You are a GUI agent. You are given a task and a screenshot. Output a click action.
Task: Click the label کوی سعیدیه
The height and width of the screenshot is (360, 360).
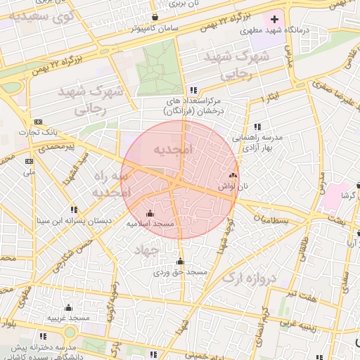pos(44,15)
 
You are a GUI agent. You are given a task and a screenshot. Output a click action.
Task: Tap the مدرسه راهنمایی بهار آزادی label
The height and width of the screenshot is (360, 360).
pos(257,143)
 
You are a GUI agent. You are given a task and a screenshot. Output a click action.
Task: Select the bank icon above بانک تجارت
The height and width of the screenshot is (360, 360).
pos(37,121)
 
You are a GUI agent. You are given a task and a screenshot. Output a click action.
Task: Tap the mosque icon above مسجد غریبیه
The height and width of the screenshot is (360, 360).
pos(68,307)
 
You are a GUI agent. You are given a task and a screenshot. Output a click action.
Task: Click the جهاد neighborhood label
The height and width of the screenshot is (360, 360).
pos(148,250)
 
